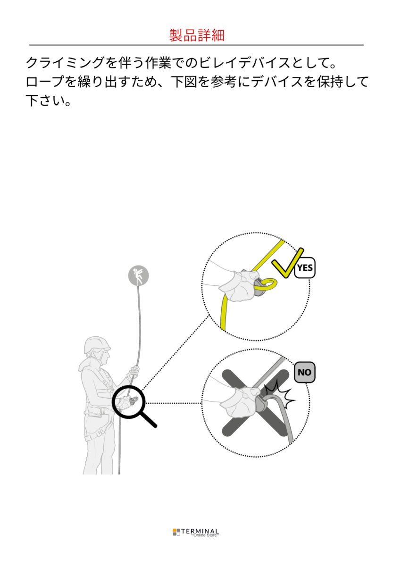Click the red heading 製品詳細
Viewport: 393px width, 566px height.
point(197,35)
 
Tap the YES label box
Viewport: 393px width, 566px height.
point(305,267)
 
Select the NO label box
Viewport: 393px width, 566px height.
point(305,372)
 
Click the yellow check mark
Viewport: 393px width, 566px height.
point(287,263)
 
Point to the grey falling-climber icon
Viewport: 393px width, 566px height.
point(138,275)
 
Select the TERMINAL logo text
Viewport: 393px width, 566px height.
point(200,531)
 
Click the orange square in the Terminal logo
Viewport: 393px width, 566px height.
point(175,530)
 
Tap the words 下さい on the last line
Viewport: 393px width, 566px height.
point(45,100)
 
